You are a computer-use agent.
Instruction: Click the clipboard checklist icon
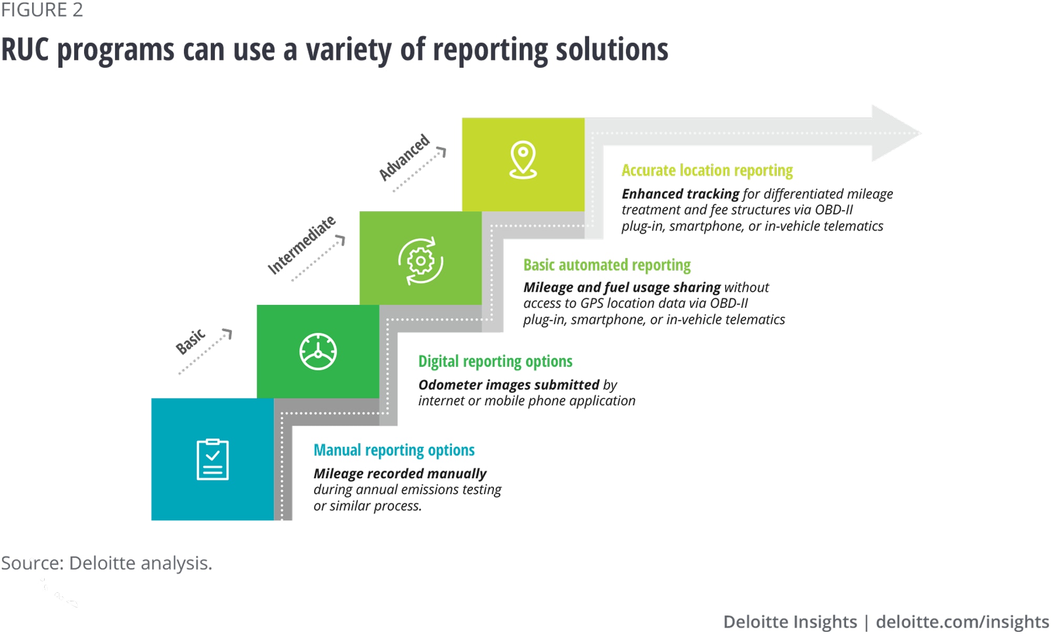212,459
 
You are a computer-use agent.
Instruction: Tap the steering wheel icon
318,352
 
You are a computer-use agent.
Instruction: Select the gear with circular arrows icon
420,261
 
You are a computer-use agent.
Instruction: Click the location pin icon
523,160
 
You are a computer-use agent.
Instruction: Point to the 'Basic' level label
190,342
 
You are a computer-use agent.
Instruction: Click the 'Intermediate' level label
301,245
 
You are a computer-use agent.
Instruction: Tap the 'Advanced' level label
404,157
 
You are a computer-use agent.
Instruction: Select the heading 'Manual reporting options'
394,450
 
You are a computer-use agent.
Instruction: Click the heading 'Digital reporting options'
495,362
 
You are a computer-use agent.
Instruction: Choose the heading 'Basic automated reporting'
606,265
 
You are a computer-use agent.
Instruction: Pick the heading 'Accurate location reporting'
707,170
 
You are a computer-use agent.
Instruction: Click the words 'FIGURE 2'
42,10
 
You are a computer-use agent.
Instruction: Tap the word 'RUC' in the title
25,50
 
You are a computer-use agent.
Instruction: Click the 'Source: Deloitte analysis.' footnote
107,563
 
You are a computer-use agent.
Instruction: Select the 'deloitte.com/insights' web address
962,622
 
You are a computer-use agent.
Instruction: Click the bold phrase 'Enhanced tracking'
681,194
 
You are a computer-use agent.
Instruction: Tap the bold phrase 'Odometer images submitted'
509,385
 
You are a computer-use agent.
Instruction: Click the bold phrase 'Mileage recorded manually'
400,474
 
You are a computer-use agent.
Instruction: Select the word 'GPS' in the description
592,303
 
